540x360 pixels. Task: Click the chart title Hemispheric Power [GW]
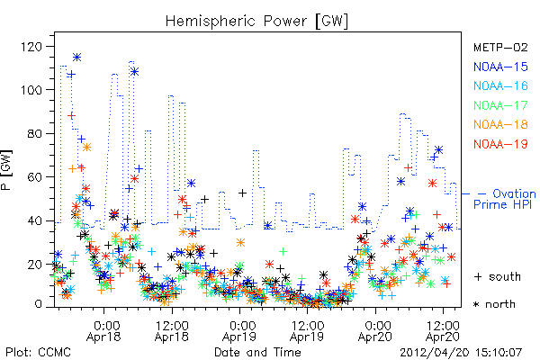(x=256, y=22)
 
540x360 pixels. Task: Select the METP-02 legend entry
(x=500, y=47)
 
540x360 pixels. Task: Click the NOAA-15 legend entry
(x=500, y=67)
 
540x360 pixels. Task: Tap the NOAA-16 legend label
(x=500, y=85)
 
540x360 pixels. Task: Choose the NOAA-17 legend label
(x=500, y=105)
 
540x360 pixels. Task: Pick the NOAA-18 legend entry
(x=500, y=124)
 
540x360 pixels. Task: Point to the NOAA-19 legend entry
(x=500, y=144)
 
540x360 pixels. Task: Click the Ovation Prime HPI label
(x=505, y=199)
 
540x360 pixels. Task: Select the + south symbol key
(x=498, y=276)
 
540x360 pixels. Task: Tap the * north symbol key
(x=494, y=304)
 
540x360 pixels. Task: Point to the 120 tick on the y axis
(x=31, y=47)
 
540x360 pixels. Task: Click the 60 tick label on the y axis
(x=35, y=177)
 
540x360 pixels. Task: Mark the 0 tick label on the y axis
(x=38, y=304)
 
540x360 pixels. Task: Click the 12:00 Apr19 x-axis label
(x=307, y=331)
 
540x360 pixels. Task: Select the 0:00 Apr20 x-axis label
(x=374, y=331)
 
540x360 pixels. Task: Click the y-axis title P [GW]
(x=7, y=170)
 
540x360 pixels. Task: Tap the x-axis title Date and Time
(x=257, y=353)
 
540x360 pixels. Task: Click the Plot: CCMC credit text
(x=38, y=353)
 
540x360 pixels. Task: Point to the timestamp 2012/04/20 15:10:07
(x=461, y=353)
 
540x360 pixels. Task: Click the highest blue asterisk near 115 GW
(x=76, y=58)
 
